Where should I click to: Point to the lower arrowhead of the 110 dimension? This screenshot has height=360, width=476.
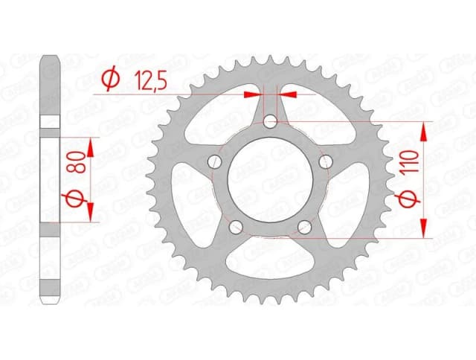424,228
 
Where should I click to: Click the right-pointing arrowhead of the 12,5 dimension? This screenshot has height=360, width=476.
254,94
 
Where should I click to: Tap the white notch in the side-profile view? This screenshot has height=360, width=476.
50,123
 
